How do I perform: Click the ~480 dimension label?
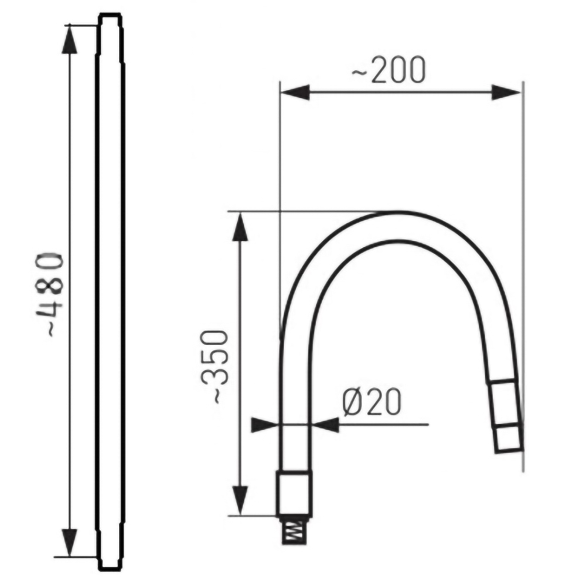(49, 295)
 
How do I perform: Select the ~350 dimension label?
(214, 367)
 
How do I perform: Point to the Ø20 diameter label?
(372, 403)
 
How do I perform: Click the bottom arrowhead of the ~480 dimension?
(70, 543)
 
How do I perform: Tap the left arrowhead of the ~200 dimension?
(295, 92)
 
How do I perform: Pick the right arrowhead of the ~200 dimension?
(506, 93)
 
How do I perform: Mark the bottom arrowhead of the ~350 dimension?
(240, 501)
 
